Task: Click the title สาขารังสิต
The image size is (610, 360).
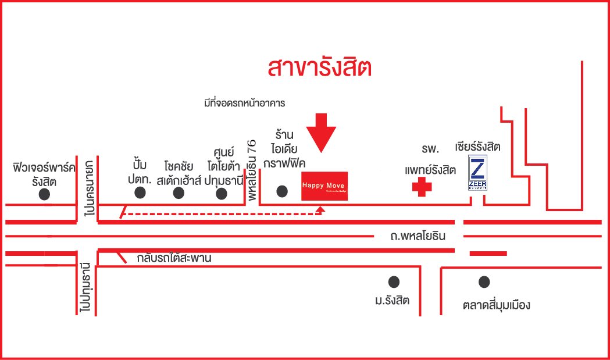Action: coord(319,67)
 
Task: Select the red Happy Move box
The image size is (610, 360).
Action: coord(324,186)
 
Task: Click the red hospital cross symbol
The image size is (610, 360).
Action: coord(422,187)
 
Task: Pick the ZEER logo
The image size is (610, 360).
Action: coord(478,175)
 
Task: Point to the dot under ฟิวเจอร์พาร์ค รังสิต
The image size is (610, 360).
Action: coord(45,195)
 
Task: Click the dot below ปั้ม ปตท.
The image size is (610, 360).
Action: coord(140,193)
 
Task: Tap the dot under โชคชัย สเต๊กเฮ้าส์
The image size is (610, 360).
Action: coord(179,193)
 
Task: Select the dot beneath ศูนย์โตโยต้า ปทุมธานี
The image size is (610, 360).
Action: coord(221,193)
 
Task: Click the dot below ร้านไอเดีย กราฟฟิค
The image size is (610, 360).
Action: coord(282,191)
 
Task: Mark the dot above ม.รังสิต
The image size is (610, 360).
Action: coord(394,282)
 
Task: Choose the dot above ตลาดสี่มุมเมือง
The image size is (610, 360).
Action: coord(484,282)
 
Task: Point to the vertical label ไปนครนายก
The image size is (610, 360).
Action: coord(88,188)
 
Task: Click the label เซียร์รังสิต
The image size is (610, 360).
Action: coord(478,147)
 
